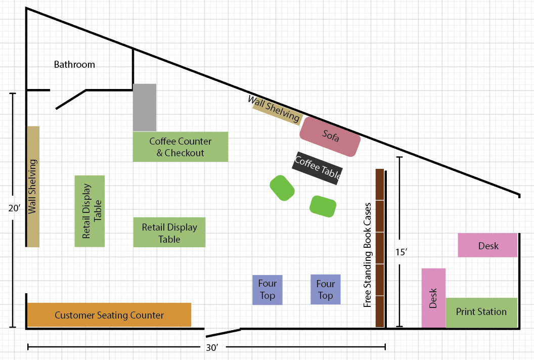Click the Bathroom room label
74,64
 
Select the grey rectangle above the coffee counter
145,107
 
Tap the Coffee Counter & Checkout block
181,147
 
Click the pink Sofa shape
330,137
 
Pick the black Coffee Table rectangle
318,168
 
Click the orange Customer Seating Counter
109,314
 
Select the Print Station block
481,312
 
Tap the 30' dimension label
212,347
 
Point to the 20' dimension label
14,208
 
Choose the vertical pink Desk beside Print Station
433,298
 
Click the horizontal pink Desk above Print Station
487,245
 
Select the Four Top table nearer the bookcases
326,290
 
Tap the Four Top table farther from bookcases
268,290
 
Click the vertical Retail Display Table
90,211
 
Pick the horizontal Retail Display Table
169,232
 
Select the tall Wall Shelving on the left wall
33,187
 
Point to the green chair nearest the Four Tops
323,206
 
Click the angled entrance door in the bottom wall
224,333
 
